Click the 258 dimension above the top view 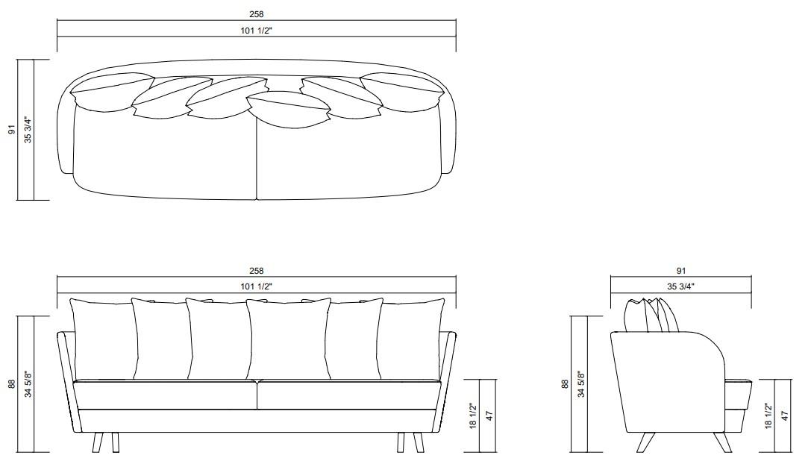click(257, 14)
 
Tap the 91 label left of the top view click(12, 130)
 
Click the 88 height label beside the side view click(566, 384)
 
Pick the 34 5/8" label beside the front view click(28, 384)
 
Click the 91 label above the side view click(681, 272)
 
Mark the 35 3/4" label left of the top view click(28, 130)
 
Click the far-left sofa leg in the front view click(97, 442)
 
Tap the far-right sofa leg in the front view click(419, 442)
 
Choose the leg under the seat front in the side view click(721, 441)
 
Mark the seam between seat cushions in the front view click(257, 395)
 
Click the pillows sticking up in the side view click(654, 315)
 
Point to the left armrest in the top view click(66, 134)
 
